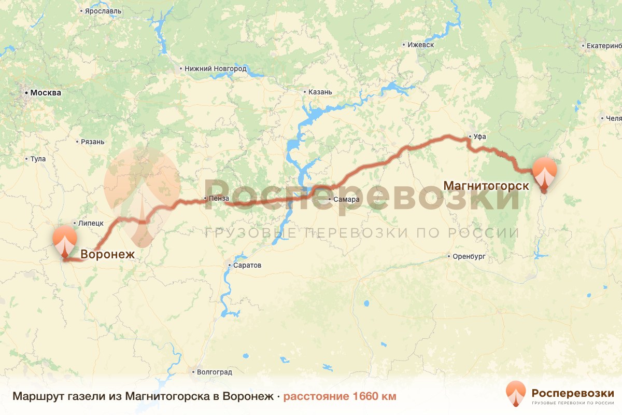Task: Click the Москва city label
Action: [46, 93]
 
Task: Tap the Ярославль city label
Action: [104, 10]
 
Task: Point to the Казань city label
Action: [320, 92]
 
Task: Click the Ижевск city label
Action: [420, 45]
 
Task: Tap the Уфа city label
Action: [479, 137]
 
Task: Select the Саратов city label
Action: [248, 266]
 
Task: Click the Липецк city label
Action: [91, 223]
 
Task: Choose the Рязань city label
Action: [93, 142]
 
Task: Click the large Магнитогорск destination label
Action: [486, 185]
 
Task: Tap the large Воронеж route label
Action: [107, 255]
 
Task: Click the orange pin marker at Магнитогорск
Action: [544, 172]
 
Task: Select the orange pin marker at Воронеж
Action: [65, 240]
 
